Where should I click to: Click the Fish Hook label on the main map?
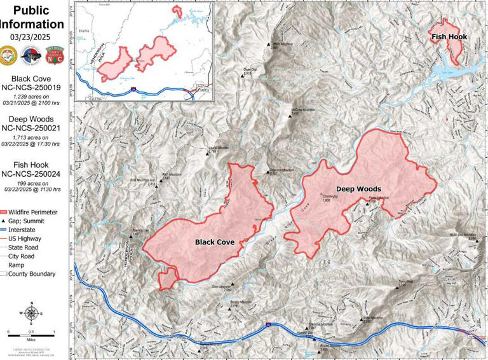449,37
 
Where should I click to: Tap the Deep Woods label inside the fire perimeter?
358,189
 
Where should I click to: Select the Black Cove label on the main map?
215,242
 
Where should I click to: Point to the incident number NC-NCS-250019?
32,88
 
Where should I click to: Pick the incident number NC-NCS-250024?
32,173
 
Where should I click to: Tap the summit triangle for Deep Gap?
242,74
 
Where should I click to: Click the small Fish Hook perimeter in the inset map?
176,13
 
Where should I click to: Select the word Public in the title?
32,10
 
